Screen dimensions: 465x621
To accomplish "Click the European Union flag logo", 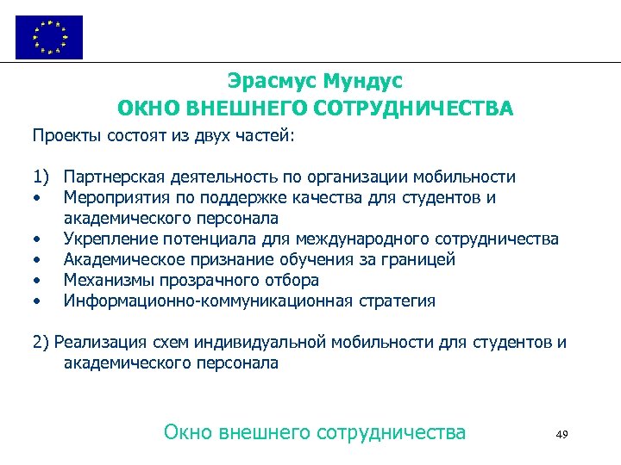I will pyautogui.click(x=49, y=37).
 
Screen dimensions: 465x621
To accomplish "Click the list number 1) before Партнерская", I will pyautogui.click(x=41, y=177).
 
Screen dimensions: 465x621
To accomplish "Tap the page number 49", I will pyautogui.click(x=561, y=434).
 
